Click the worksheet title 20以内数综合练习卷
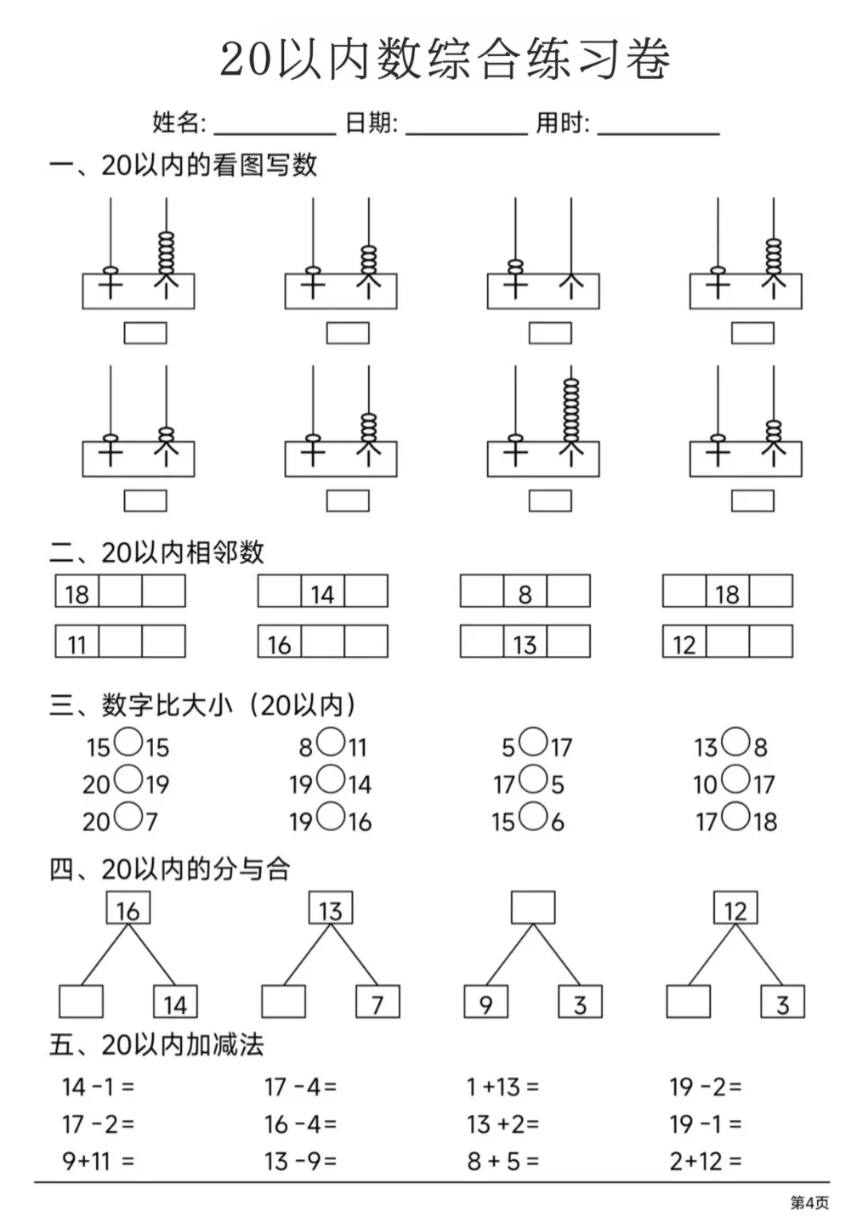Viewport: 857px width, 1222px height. click(x=445, y=59)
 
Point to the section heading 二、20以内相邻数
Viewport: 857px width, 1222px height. click(x=156, y=552)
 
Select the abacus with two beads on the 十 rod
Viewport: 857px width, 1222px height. click(x=543, y=254)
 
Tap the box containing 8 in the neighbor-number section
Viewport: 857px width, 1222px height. click(x=525, y=591)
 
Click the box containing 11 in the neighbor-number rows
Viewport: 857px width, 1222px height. click(x=77, y=642)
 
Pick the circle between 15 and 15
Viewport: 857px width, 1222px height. click(x=129, y=742)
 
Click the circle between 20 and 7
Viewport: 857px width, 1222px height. click(x=129, y=816)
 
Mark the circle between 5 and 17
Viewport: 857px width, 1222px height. click(x=533, y=742)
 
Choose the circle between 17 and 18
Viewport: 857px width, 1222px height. click(x=735, y=816)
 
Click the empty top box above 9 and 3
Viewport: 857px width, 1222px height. click(x=533, y=908)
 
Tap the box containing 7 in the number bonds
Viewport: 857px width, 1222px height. click(x=377, y=1002)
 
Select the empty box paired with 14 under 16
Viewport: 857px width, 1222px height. click(x=81, y=1002)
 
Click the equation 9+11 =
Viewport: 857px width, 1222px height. click(x=99, y=1161)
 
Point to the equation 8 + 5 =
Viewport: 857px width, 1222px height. click(x=503, y=1161)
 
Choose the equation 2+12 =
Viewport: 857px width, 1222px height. click(x=706, y=1161)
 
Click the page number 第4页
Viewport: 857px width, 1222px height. click(x=810, y=1202)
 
